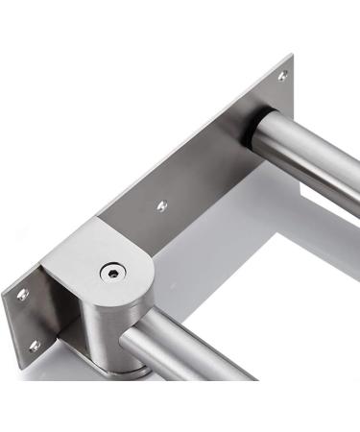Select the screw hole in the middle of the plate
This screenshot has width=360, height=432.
160,204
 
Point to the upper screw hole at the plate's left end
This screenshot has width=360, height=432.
23,294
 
